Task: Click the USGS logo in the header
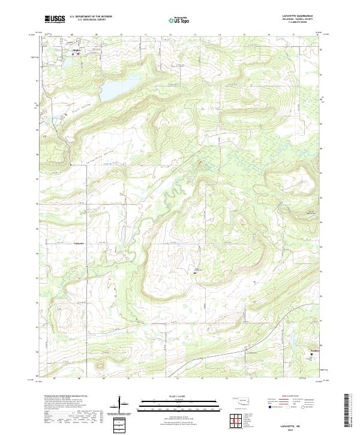point(55,19)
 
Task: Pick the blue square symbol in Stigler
point(73,54)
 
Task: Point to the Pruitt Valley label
point(83,124)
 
